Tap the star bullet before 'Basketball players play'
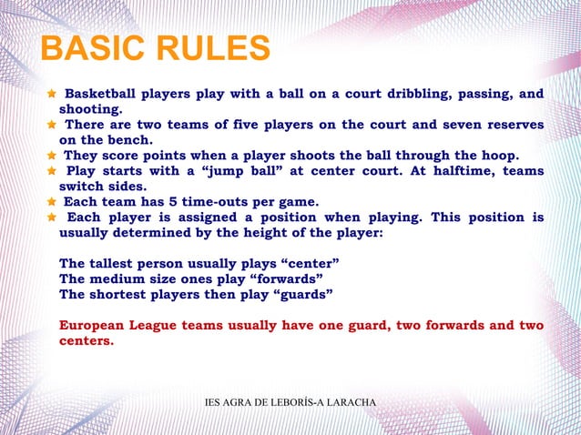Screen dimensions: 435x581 (52, 94)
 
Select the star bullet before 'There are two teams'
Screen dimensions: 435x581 (52, 125)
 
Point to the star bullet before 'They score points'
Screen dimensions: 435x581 (52, 156)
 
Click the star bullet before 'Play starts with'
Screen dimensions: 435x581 (52, 171)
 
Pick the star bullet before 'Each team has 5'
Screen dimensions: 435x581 (52, 202)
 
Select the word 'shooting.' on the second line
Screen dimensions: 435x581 (89, 109)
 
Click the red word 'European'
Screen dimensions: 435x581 (95, 326)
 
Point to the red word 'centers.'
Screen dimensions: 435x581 (87, 341)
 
